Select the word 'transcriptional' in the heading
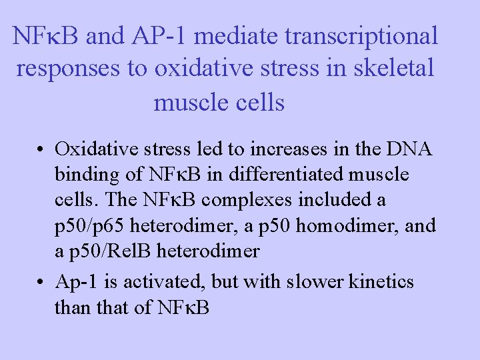point(362,36)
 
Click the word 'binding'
point(88,174)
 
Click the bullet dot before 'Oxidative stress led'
point(41,149)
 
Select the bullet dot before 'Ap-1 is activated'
point(41,283)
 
